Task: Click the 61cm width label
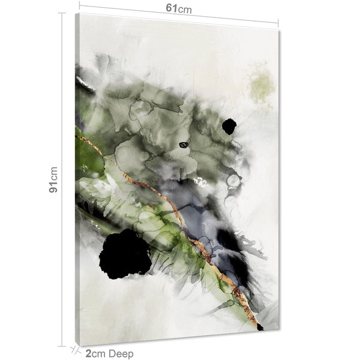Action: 179,9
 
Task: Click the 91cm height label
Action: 53,179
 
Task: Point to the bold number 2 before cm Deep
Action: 88,353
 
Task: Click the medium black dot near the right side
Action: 229,126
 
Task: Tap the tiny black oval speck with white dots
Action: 184,145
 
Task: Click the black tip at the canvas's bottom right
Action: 260,328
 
